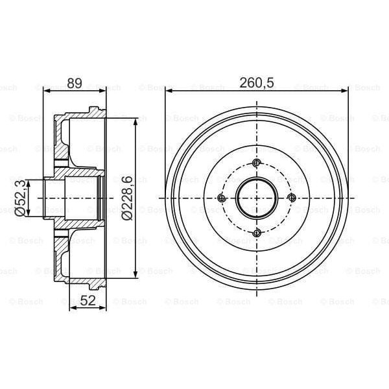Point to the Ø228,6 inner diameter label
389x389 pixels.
(x=127, y=198)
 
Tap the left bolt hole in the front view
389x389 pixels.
(x=222, y=198)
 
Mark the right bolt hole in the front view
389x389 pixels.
(x=291, y=198)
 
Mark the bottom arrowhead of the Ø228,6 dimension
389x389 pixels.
(x=135, y=274)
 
